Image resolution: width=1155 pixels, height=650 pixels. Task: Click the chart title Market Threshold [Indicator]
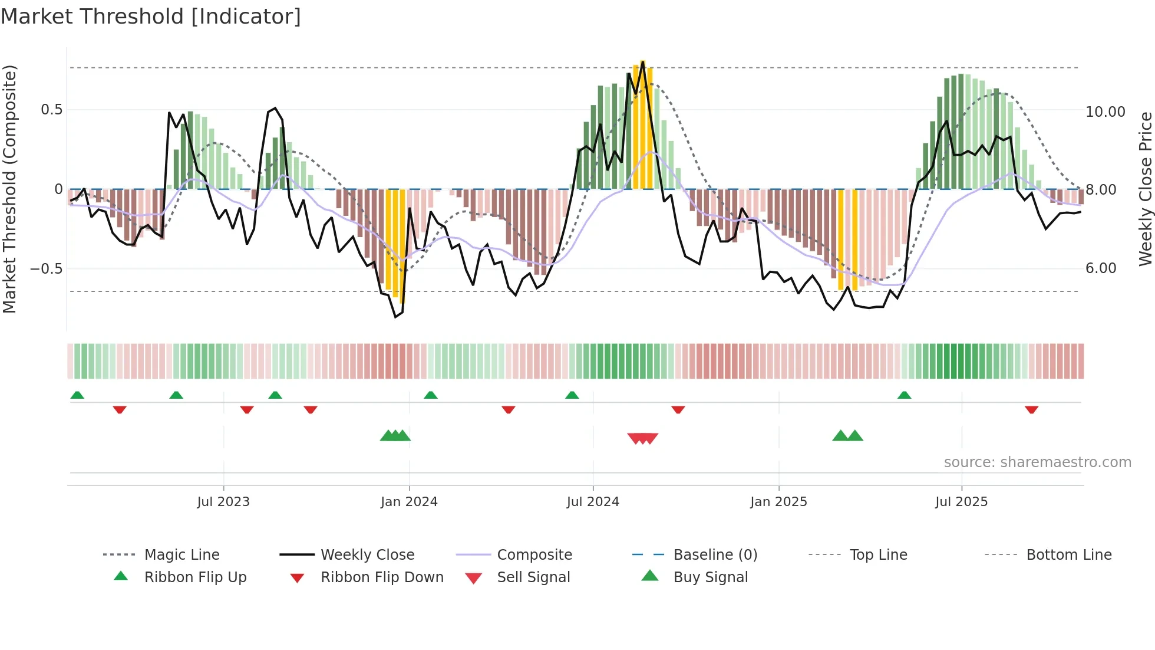pyautogui.click(x=151, y=17)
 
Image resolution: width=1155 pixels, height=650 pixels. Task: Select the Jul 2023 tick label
pyautogui.click(x=223, y=502)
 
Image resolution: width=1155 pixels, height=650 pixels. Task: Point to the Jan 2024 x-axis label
pyautogui.click(x=409, y=502)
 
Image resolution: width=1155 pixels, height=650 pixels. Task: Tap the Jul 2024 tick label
pyautogui.click(x=593, y=502)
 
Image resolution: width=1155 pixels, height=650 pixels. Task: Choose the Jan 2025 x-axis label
pyautogui.click(x=778, y=502)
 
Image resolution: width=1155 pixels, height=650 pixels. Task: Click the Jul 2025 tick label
pyautogui.click(x=961, y=502)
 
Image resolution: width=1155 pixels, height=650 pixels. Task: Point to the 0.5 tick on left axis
pyautogui.click(x=51, y=110)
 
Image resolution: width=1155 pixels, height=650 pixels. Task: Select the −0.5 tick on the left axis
pyautogui.click(x=47, y=269)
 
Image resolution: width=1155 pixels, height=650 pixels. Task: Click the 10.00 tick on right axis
pyautogui.click(x=1105, y=112)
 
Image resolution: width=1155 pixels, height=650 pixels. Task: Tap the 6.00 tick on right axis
pyautogui.click(x=1101, y=268)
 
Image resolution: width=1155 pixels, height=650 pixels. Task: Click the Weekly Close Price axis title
pyautogui.click(x=1145, y=189)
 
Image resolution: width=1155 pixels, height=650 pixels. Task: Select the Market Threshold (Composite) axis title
pyautogui.click(x=9, y=189)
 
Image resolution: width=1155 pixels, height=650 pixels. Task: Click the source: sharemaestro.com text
pyautogui.click(x=1037, y=462)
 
